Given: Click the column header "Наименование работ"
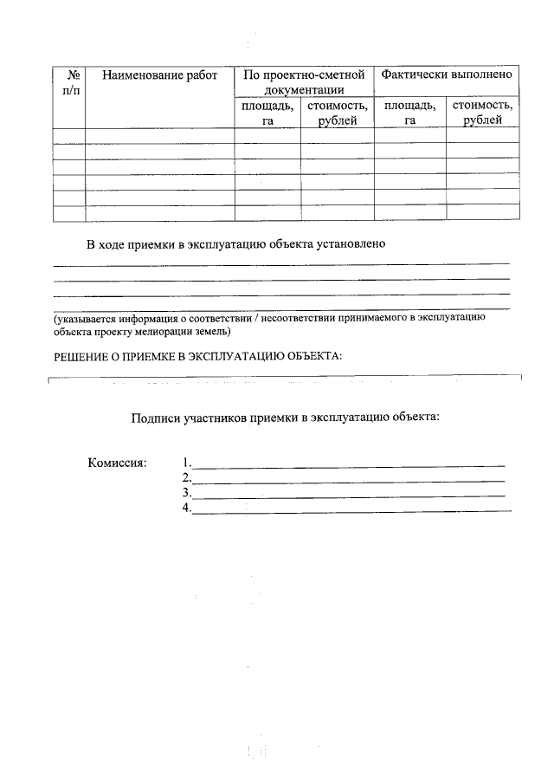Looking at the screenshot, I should point(159,76).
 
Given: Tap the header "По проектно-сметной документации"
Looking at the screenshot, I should point(304,82).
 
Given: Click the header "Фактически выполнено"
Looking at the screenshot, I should point(447,75).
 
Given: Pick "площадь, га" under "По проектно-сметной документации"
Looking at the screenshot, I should point(267,113).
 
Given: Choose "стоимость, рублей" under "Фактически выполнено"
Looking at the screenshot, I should point(482,113).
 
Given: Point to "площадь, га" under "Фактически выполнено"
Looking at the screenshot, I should point(409,113).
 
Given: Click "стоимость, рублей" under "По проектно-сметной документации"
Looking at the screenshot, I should point(337,113).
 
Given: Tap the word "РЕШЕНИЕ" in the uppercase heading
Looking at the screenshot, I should point(82,356).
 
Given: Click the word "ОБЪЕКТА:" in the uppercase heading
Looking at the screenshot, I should point(314,356).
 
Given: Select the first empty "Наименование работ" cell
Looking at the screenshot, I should point(159,135).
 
